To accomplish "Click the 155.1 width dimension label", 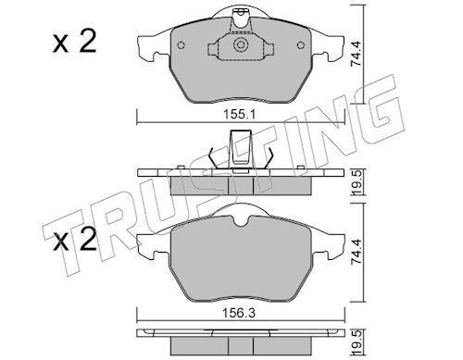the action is (240, 115).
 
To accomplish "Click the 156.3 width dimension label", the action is (240, 314).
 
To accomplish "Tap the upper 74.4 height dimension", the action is (357, 55).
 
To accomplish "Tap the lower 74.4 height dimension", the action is (357, 251).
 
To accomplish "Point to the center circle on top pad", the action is (241, 45).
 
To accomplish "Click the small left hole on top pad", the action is (181, 45).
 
